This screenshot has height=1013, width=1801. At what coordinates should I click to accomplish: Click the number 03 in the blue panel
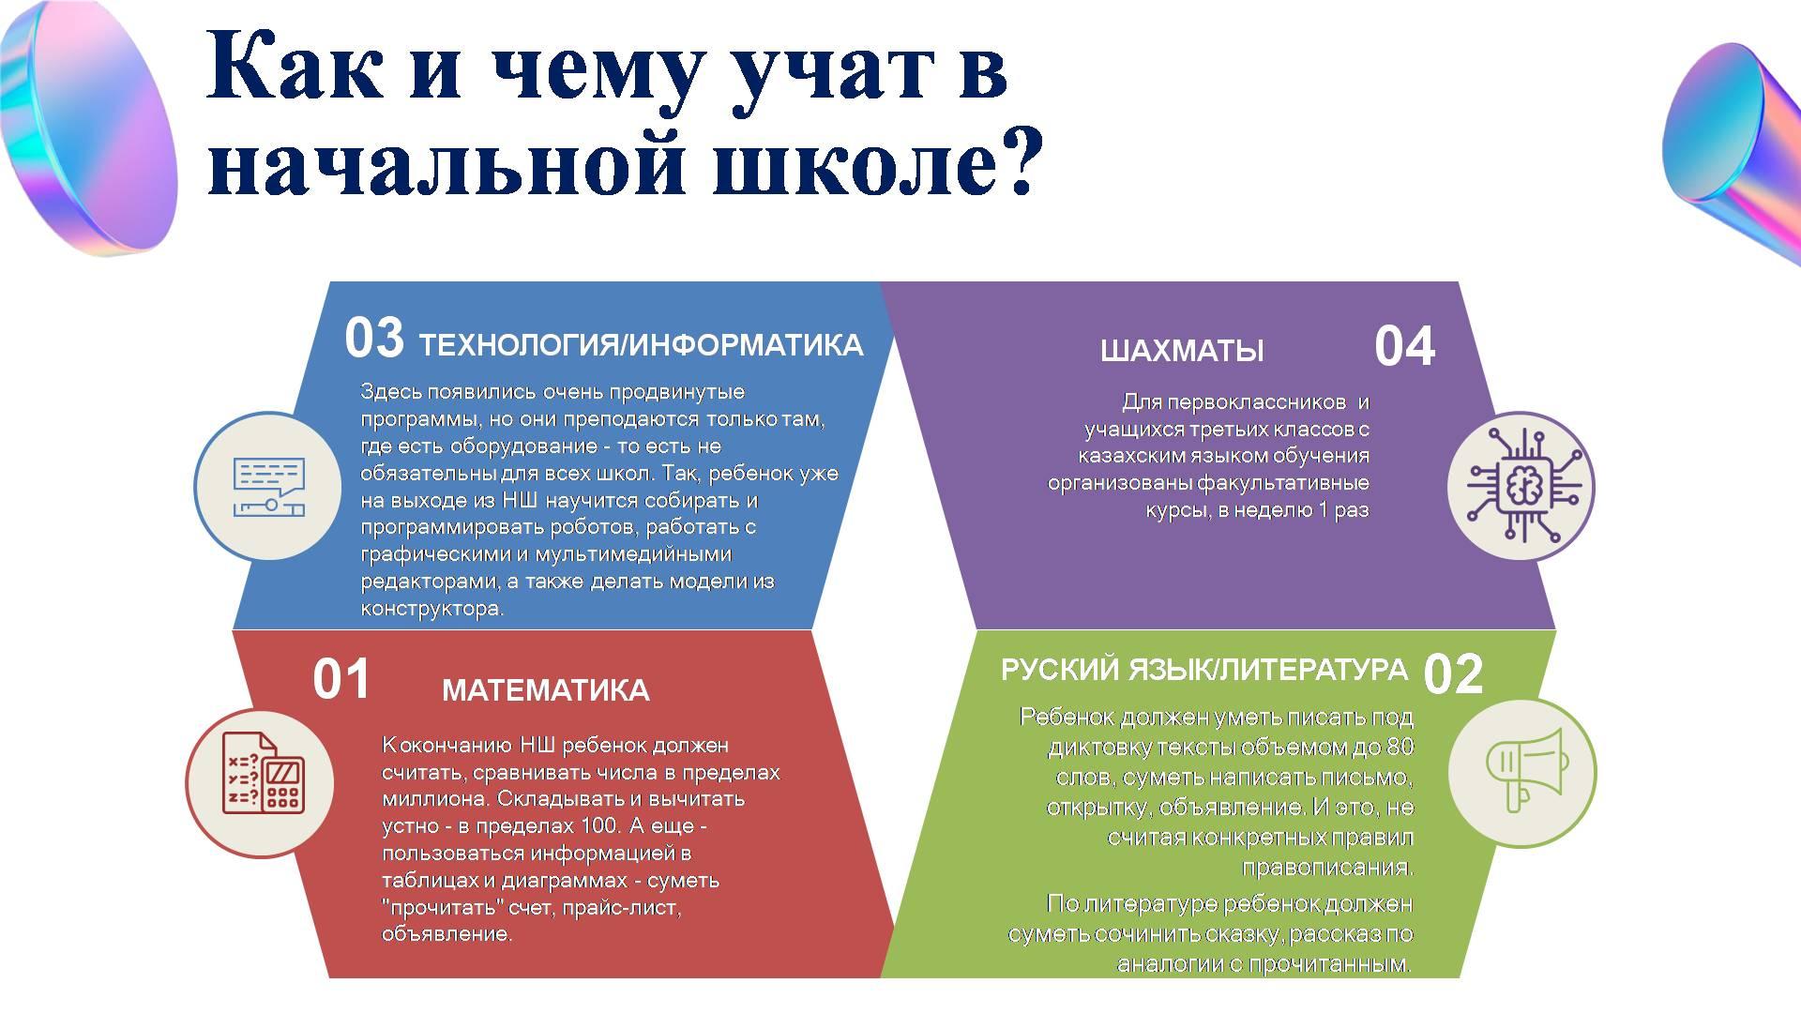(x=374, y=339)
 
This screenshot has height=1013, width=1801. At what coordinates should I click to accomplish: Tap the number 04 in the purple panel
(x=1404, y=346)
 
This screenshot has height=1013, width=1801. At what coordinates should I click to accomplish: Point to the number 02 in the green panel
(x=1453, y=674)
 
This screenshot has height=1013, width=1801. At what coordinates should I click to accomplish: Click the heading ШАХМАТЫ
(x=1182, y=351)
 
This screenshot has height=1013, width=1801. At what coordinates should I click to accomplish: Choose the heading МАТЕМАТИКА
(x=545, y=690)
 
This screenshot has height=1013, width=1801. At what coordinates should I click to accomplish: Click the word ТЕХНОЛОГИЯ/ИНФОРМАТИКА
(x=641, y=345)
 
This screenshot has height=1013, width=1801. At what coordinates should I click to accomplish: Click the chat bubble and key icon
(x=269, y=487)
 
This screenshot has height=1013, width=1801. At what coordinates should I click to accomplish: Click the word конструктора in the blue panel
(x=431, y=609)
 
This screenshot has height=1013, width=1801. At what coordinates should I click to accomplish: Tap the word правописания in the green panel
(x=1325, y=867)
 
